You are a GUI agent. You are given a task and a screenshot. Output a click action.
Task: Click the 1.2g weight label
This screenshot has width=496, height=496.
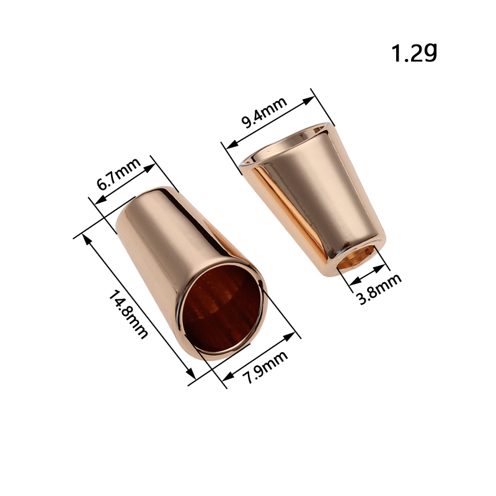(414, 52)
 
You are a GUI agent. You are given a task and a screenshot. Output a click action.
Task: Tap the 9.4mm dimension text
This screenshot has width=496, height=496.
(264, 112)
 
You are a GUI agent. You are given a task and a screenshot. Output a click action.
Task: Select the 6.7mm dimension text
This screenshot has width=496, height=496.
(118, 174)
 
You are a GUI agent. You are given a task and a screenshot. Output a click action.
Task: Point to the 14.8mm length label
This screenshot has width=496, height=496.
(128, 314)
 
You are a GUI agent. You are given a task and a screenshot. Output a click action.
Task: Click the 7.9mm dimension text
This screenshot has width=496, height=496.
(265, 367)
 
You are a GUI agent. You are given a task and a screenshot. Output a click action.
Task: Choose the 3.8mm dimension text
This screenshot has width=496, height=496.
(379, 289)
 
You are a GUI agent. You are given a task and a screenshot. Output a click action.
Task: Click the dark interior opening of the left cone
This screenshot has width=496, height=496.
(223, 308)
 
